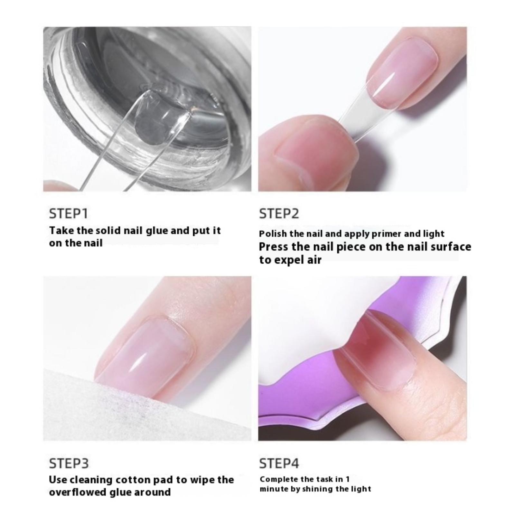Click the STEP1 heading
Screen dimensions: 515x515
68,214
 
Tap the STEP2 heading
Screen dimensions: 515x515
279,214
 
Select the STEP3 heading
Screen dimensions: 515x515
69,464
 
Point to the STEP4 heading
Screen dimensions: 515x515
279,464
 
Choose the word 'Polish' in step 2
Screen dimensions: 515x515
270,234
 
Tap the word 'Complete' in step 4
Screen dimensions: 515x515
278,480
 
